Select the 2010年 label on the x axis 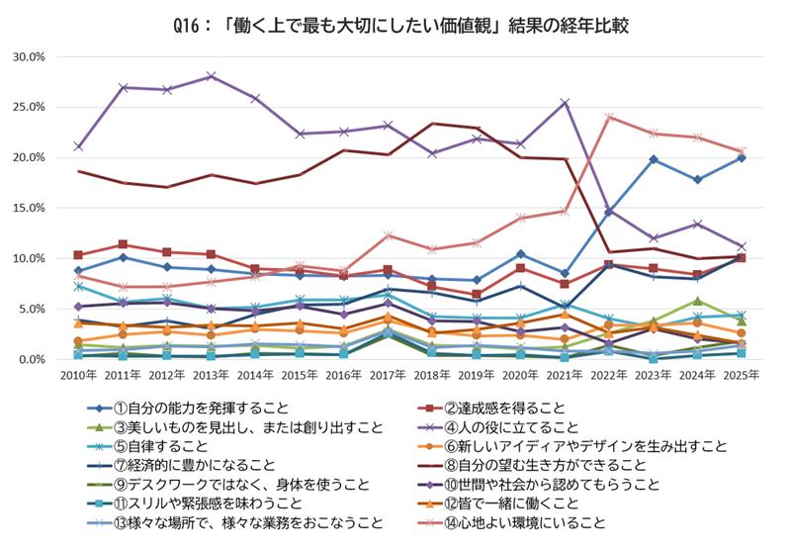tap(78, 377)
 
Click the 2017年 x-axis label tap(390, 377)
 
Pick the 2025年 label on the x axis tap(742, 377)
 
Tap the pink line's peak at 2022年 tap(609, 117)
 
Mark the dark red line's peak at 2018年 tap(433, 124)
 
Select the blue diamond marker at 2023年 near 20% tap(654, 159)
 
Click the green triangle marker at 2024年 tap(698, 301)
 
